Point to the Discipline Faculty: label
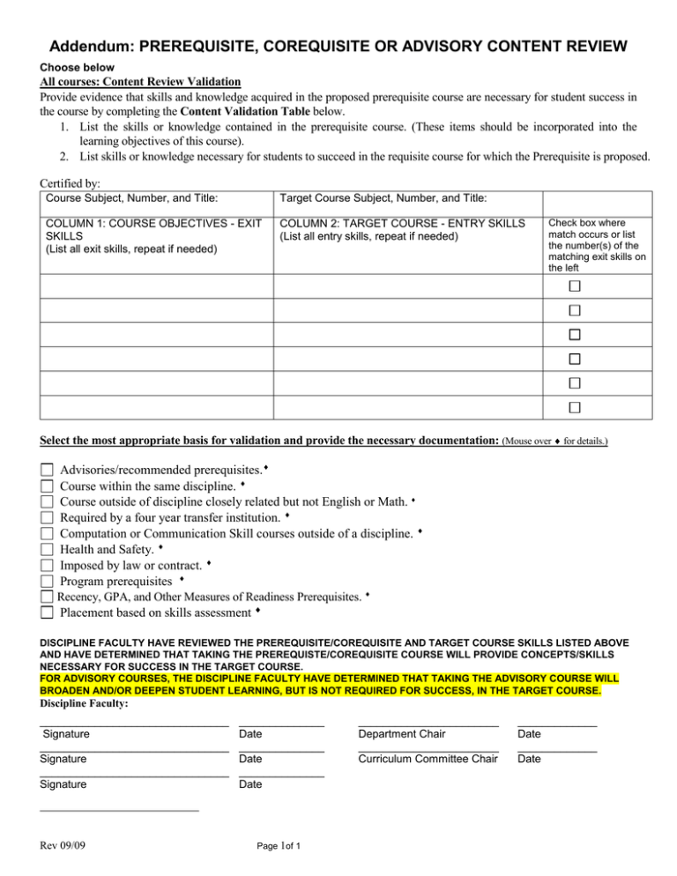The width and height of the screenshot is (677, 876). [x=85, y=703]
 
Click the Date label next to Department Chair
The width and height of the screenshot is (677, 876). [x=529, y=733]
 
